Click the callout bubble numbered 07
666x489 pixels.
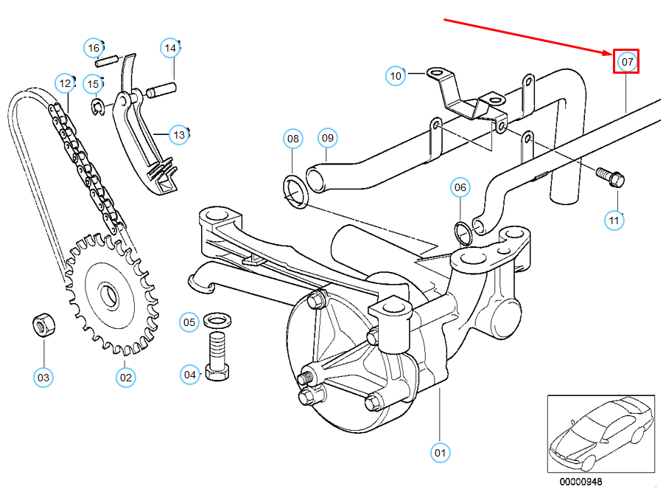pos(627,62)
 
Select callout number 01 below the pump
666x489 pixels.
pos(440,451)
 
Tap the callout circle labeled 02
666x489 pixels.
pos(126,377)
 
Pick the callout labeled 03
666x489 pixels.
pos(43,378)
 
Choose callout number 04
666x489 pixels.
pos(191,375)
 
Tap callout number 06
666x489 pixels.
pos(460,188)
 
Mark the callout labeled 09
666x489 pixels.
pos(328,137)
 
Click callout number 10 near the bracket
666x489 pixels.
pos(396,75)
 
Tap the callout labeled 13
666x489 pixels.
pos(178,135)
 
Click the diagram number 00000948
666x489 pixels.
pos(580,481)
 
